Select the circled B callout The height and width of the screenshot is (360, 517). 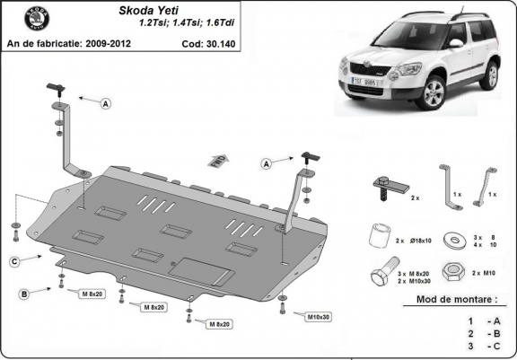click(x=25, y=294)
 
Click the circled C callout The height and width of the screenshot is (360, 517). click(x=14, y=261)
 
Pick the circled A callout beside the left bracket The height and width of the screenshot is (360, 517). click(x=106, y=104)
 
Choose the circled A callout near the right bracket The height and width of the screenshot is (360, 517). click(x=267, y=163)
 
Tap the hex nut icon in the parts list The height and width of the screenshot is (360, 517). click(x=457, y=269)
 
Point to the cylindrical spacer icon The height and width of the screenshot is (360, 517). click(x=378, y=238)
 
